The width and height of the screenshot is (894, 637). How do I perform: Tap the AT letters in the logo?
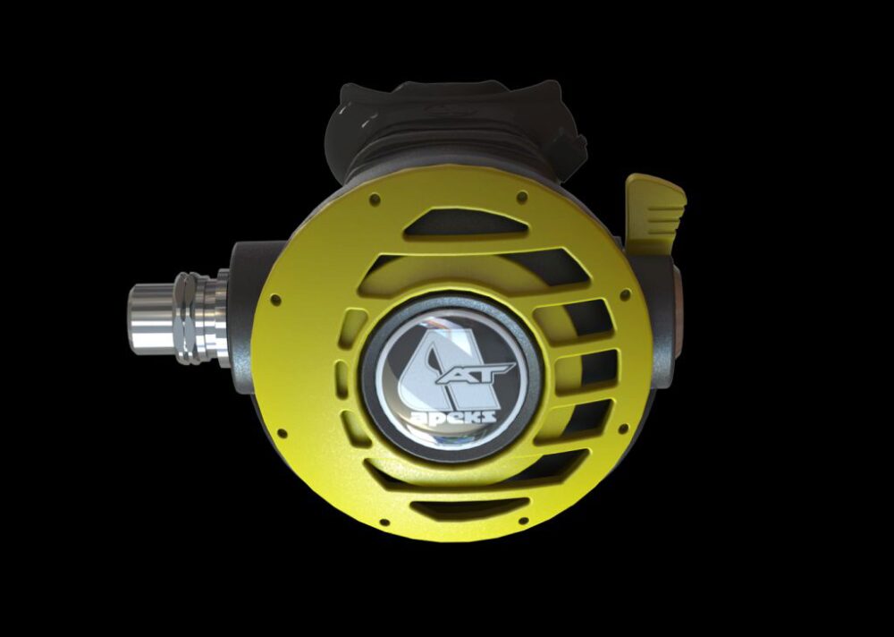click(477, 373)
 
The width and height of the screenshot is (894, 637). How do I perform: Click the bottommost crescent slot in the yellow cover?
click(468, 507)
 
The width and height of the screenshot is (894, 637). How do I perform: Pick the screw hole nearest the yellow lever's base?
click(626, 294)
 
